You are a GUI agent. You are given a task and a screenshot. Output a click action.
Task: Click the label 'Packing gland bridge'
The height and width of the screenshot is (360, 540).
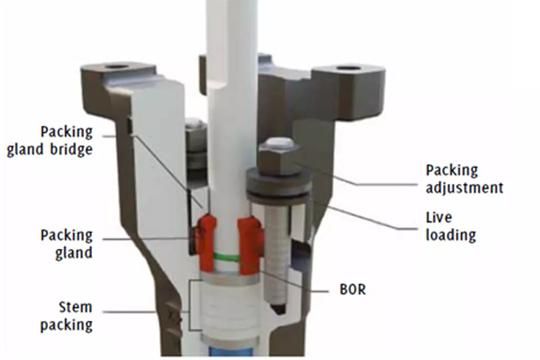point(50,141)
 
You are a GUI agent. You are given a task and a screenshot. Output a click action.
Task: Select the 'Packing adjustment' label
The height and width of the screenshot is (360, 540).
point(464,178)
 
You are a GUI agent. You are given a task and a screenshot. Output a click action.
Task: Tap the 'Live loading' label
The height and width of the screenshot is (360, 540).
point(450,226)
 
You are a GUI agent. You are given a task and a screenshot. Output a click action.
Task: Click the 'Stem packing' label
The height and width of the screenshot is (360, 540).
point(67,316)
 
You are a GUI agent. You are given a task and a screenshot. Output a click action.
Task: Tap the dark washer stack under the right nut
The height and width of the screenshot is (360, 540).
point(278,185)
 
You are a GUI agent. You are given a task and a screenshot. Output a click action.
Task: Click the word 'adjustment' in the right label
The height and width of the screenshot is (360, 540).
point(464,187)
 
